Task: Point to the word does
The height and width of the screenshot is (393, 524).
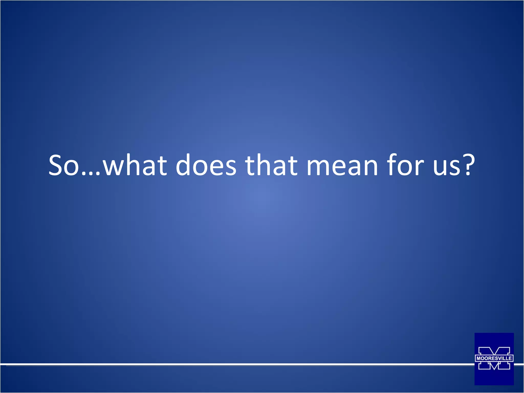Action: (206, 165)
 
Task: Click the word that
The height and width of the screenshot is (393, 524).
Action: (271, 165)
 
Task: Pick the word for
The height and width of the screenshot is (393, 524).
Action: (406, 165)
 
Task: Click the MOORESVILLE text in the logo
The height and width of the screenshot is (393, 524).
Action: (494, 358)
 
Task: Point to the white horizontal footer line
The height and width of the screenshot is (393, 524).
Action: (230, 364)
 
